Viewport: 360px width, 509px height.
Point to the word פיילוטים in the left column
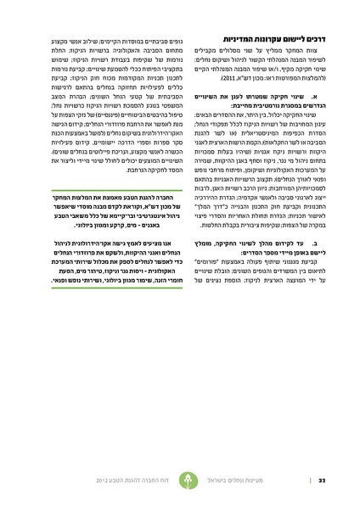(93, 167)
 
